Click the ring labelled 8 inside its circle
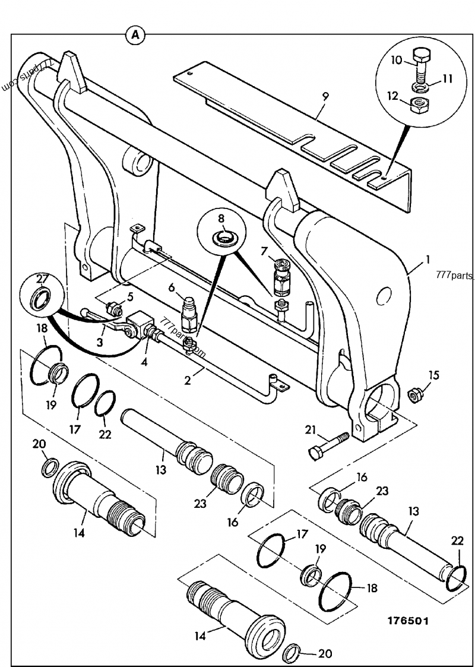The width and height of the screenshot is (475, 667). coord(224,239)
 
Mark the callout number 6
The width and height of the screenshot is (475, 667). coord(172,288)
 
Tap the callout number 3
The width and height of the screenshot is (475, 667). coord(100,343)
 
